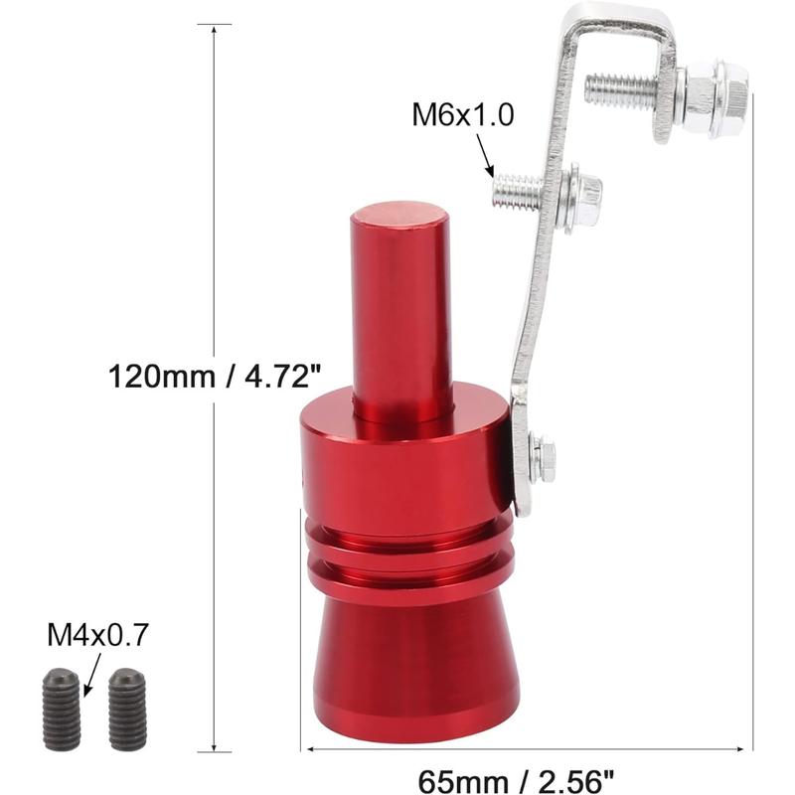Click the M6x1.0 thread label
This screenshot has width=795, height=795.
pos(462,116)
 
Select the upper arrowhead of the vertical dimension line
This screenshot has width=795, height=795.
pos(215,29)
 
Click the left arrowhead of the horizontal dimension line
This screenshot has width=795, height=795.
pos(305,747)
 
